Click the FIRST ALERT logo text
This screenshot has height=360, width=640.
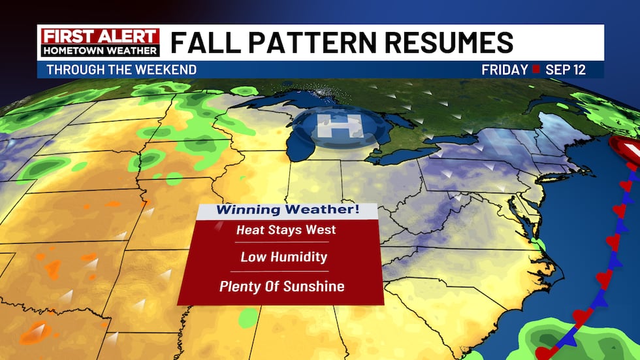[99, 36]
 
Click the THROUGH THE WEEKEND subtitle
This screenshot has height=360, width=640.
[121, 70]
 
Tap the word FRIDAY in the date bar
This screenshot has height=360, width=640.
[505, 70]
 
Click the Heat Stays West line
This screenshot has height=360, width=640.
[286, 229]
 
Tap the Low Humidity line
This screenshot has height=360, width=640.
[283, 257]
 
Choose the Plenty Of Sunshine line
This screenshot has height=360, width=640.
[281, 286]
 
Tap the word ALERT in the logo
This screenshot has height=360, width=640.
[130, 36]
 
